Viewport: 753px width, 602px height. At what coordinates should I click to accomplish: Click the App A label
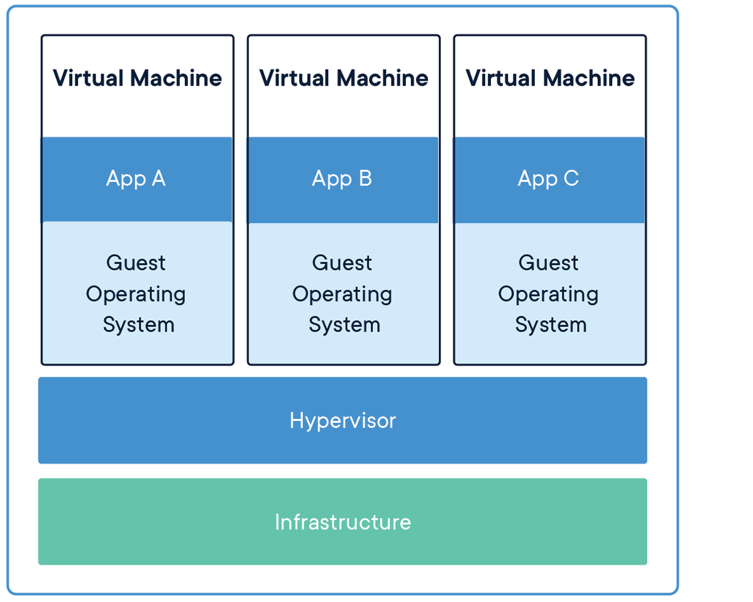[136, 179]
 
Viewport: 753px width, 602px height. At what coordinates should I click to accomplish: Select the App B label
[342, 179]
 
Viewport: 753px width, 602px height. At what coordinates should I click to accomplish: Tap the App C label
[548, 179]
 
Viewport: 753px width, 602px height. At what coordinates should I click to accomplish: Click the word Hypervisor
[343, 420]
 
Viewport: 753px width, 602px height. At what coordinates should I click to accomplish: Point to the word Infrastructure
[343, 522]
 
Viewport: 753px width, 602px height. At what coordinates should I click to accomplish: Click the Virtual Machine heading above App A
[137, 78]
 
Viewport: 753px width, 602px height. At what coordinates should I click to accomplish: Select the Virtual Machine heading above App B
[344, 78]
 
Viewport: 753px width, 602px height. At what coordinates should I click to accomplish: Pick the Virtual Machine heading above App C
[550, 78]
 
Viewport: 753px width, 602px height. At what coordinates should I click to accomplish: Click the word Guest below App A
[136, 262]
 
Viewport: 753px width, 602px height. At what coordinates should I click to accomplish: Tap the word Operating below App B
[342, 294]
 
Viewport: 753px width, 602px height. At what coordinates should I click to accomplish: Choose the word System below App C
[551, 325]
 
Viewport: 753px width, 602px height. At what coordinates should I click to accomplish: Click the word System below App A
[138, 325]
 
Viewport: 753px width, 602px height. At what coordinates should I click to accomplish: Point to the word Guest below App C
[548, 262]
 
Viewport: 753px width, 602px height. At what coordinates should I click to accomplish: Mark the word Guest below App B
[342, 262]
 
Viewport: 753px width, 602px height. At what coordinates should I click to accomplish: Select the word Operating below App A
[136, 294]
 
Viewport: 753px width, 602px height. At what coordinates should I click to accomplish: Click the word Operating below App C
[548, 294]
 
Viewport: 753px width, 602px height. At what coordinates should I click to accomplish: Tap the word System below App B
[344, 325]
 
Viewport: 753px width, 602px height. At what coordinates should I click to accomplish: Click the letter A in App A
[158, 179]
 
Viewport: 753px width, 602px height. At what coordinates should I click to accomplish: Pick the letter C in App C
[571, 179]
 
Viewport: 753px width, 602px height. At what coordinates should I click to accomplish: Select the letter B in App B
[365, 179]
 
